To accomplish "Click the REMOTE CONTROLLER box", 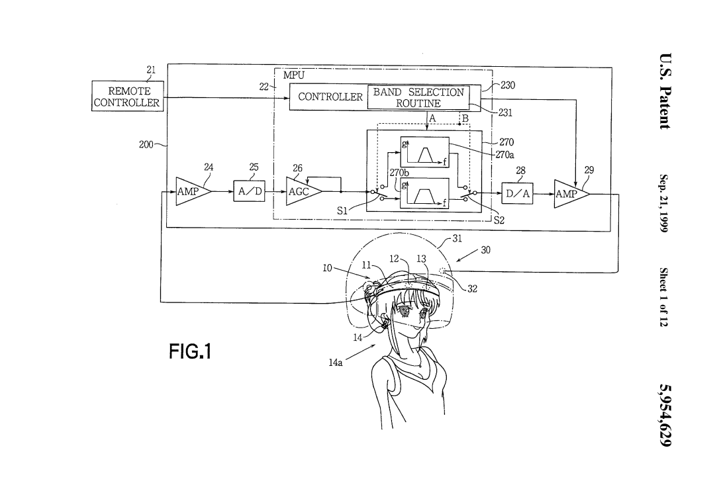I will pos(127,97).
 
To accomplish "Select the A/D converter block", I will pos(250,192).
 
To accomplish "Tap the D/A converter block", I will pos(517,193).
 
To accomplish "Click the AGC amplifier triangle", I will pos(302,192).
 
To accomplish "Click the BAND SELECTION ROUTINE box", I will pos(418,97).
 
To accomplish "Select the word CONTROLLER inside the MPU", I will pos(330,97).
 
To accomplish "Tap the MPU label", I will pos(293,75).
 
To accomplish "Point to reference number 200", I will pos(146,144).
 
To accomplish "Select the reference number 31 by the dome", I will pos(457,239).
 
